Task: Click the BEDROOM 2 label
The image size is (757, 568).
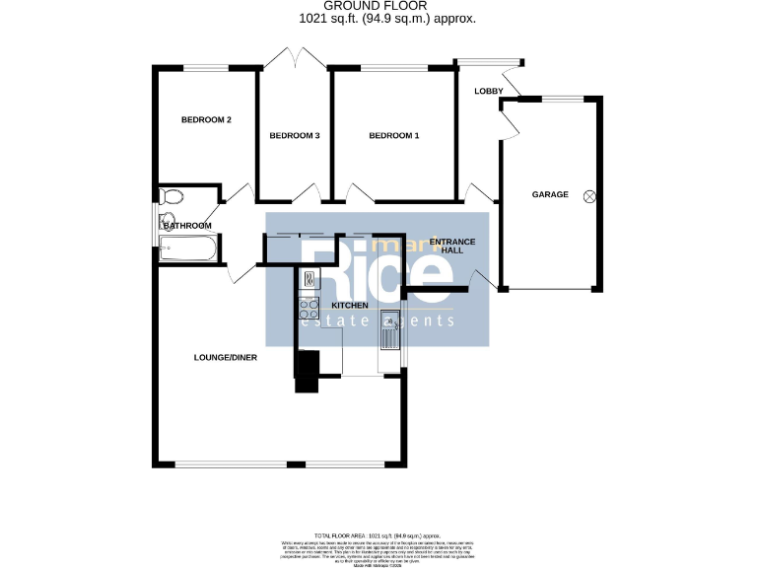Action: (206, 120)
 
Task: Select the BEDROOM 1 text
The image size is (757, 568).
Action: (394, 136)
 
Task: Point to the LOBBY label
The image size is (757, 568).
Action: (489, 92)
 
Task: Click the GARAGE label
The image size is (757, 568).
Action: (550, 194)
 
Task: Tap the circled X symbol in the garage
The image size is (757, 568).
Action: (589, 195)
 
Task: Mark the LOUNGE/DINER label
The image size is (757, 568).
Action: (225, 357)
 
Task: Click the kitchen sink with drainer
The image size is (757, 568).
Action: (389, 330)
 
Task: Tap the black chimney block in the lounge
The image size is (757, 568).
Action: (307, 372)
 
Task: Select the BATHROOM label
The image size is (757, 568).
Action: (187, 226)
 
